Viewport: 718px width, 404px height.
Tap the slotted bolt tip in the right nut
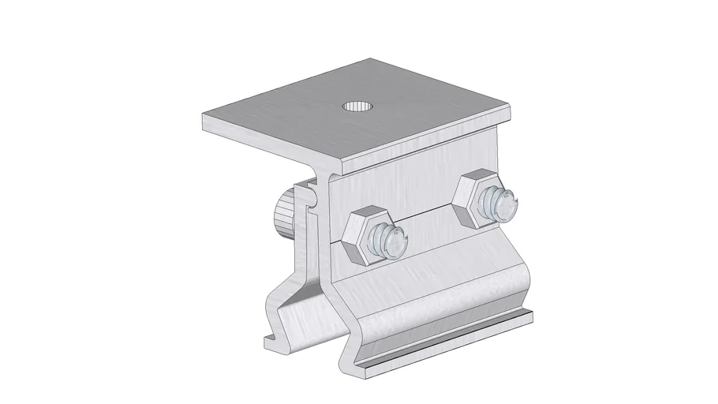(x=502, y=205)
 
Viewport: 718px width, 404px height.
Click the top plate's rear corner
(x=371, y=58)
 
